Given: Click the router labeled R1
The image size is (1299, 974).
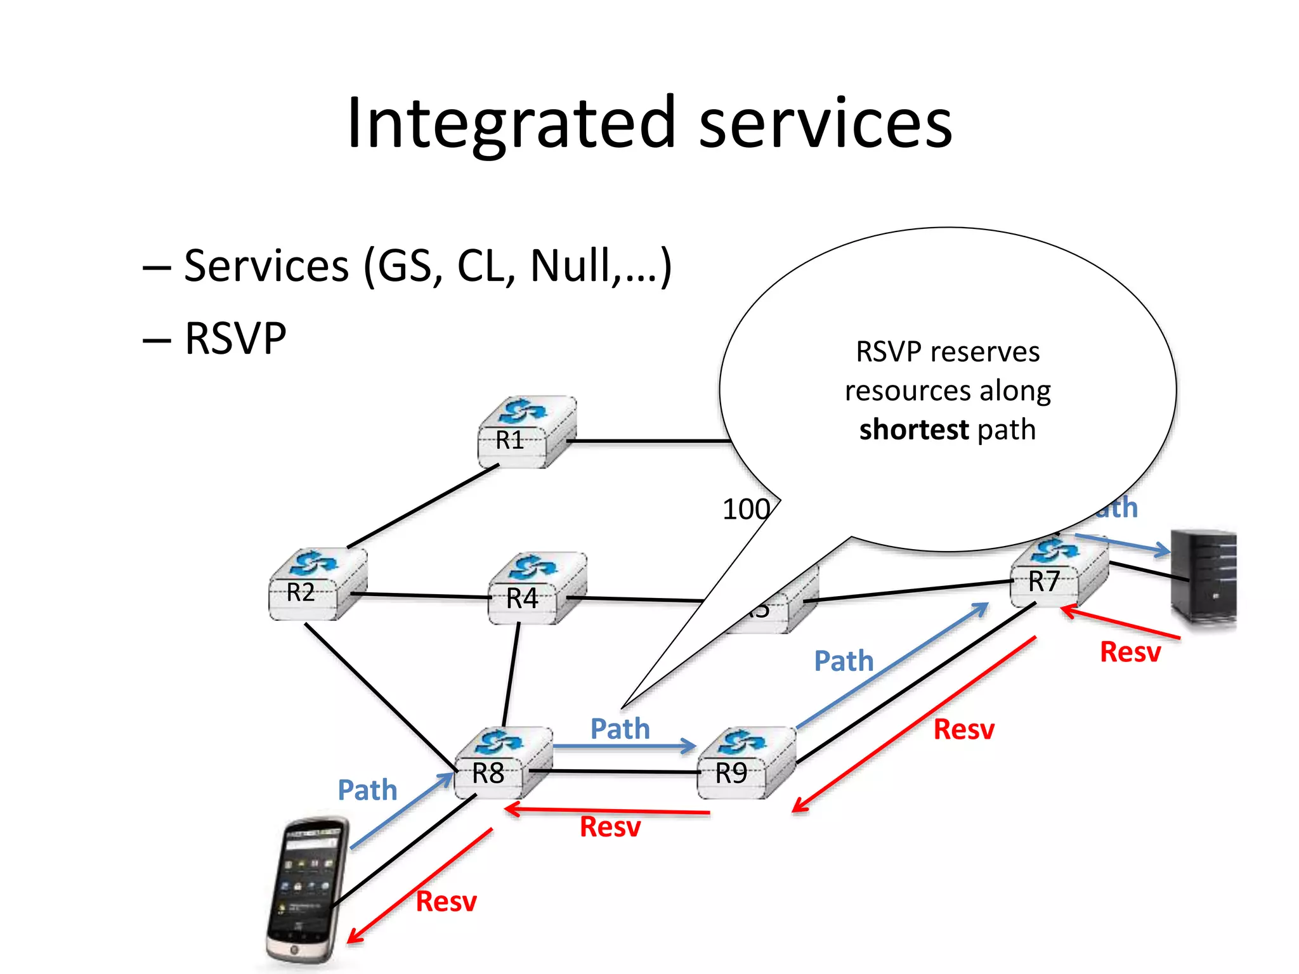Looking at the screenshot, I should click(526, 433).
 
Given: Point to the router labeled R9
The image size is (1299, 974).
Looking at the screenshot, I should click(746, 764).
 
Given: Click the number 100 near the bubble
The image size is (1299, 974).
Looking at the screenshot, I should click(746, 509).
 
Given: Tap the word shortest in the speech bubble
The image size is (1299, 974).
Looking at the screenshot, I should click(913, 430).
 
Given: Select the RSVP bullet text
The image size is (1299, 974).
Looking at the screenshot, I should click(235, 338).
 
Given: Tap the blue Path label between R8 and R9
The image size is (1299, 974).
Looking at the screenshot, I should click(620, 729).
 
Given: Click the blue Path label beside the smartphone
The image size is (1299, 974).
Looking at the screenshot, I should click(367, 790).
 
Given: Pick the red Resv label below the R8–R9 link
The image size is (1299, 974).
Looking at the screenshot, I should click(610, 827).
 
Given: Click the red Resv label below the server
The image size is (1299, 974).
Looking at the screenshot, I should click(1130, 652).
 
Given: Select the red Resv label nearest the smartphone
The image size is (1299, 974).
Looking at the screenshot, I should click(446, 901).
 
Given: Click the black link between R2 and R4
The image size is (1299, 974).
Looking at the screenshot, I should click(422, 595).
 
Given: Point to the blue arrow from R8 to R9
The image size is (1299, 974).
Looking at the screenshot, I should click(625, 746).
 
